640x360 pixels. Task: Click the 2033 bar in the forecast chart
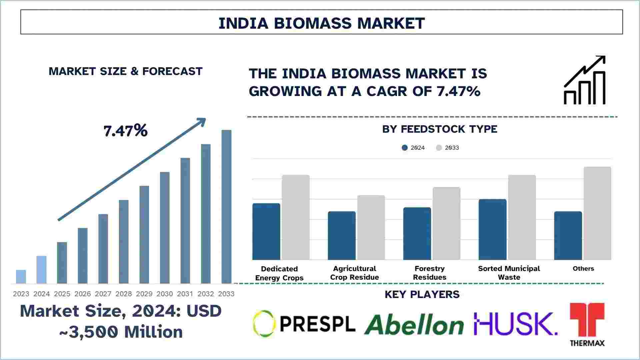point(226,207)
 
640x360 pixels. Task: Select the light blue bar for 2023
point(21,277)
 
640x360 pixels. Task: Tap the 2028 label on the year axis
point(124,294)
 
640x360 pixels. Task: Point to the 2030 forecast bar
point(165,228)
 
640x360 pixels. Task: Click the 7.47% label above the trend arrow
point(125,131)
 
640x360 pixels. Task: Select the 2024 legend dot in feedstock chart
point(405,148)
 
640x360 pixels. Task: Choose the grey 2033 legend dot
point(439,148)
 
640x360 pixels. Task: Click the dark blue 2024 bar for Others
point(568,236)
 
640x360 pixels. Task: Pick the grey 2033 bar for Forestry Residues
point(447,223)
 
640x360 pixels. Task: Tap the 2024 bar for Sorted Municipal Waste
point(492,230)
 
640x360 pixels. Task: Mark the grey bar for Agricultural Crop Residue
point(371,228)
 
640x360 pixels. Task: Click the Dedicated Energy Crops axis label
point(279,273)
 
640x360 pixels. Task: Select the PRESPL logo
point(304,323)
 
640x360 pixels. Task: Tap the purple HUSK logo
point(515,324)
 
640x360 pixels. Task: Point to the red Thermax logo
point(587,324)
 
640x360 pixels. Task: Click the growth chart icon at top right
point(585,80)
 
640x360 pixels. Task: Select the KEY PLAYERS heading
point(422,294)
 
